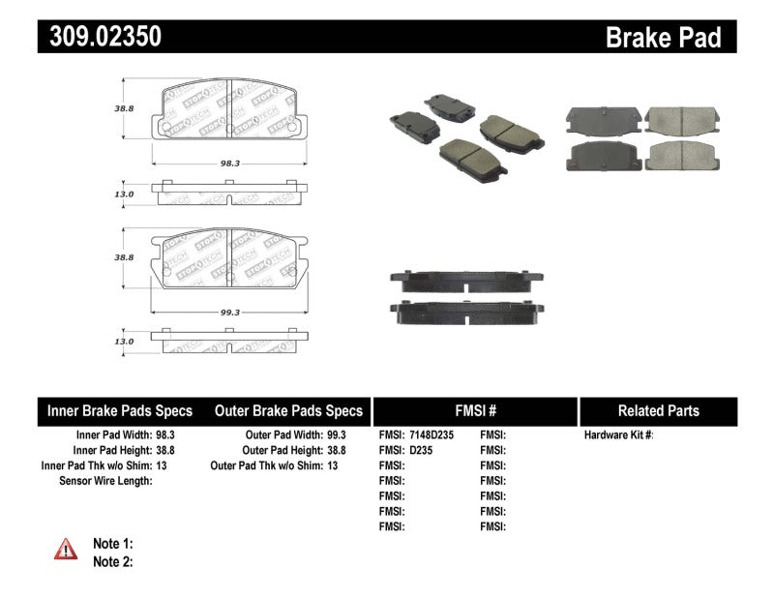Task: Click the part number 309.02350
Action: tap(100, 37)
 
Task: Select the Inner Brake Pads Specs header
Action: tap(120, 410)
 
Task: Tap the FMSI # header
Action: tap(475, 410)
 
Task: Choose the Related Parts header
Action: tap(658, 410)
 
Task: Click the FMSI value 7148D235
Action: tap(432, 435)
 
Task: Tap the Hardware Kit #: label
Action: tap(619, 435)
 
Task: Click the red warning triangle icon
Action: tap(66, 549)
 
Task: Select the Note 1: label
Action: tap(112, 544)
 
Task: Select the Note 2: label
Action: tap(112, 561)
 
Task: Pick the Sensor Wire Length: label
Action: tap(105, 481)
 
